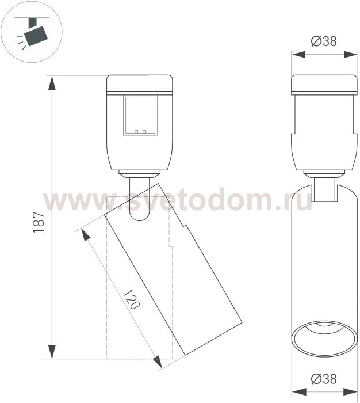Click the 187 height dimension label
[39, 222]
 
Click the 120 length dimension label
[132, 299]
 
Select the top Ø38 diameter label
[324, 41]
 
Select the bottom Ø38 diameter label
[324, 379]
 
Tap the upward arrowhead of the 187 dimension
[52, 83]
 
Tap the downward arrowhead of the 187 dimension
[52, 352]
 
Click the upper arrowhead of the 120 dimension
[86, 234]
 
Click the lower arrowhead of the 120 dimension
[158, 362]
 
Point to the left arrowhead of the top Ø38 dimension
[298, 55]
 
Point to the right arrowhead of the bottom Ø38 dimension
[350, 392]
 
